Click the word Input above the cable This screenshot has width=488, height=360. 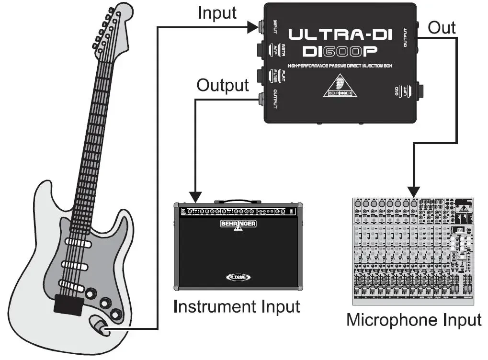[217, 13]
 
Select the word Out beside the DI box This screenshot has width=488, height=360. [441, 28]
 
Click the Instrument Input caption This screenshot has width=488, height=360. [237, 306]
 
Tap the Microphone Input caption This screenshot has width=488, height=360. [413, 319]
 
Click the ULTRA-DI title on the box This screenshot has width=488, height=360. [340, 34]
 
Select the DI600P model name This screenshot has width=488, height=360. [340, 51]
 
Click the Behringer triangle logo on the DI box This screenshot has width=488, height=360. [340, 86]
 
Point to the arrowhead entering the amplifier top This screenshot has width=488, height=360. [195, 196]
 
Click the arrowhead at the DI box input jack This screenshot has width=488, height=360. [253, 28]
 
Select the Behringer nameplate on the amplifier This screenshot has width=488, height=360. [238, 224]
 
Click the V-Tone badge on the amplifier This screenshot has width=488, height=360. [238, 277]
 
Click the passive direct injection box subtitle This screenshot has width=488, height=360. [340, 66]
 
